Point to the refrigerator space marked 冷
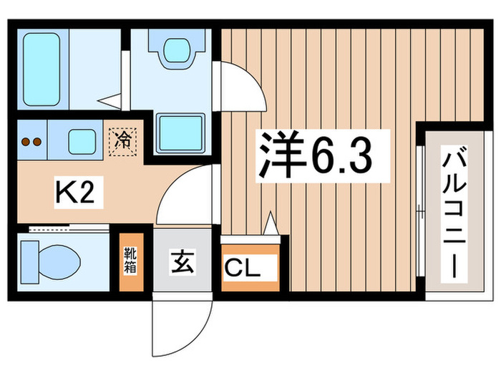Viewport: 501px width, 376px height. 122,138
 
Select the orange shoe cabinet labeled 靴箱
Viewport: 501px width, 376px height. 131,261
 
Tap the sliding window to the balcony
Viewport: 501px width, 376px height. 420,215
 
